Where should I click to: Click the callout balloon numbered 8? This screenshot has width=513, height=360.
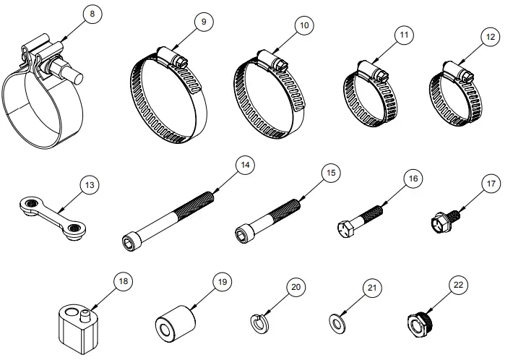pyautogui.click(x=90, y=14)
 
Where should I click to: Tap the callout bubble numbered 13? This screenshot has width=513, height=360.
pyautogui.click(x=90, y=186)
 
